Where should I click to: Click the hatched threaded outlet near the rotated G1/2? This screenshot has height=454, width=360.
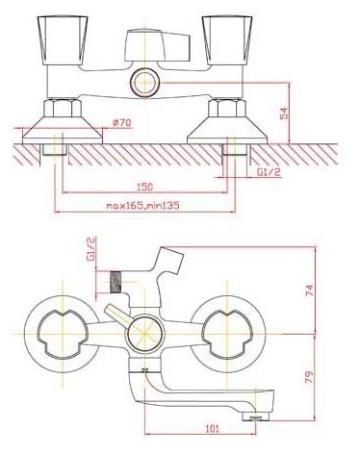[x=118, y=279]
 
